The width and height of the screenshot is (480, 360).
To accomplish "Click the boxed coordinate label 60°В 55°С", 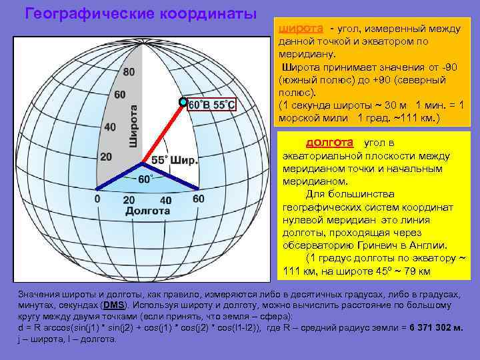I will (212, 105).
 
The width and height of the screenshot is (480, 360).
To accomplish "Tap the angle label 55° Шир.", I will (174, 161).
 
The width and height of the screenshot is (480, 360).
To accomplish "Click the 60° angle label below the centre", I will (145, 179).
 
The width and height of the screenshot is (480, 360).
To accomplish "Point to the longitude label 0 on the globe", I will (97, 198).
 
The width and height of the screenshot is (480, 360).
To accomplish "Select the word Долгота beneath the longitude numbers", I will (147, 211).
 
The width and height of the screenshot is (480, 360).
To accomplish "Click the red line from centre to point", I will (163, 132).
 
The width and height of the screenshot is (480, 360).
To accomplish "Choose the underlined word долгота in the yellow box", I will (329, 143).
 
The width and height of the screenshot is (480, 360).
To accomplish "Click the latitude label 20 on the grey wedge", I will (106, 156).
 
